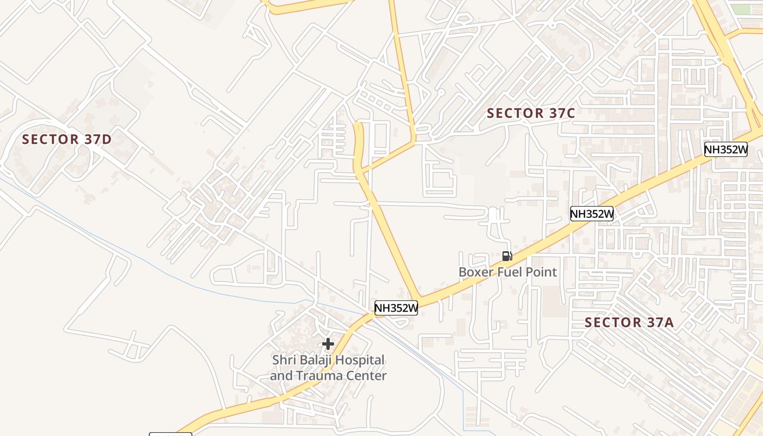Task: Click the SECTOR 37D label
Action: click(x=66, y=139)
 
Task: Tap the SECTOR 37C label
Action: click(x=531, y=113)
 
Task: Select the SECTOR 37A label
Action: click(x=629, y=322)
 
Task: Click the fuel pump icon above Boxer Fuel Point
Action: click(x=507, y=256)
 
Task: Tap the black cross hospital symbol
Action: click(x=328, y=344)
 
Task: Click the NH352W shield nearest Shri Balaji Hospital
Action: click(x=396, y=308)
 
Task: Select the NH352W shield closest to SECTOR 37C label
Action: click(x=592, y=214)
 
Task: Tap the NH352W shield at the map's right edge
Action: click(x=725, y=149)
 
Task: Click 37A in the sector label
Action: click(x=661, y=322)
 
